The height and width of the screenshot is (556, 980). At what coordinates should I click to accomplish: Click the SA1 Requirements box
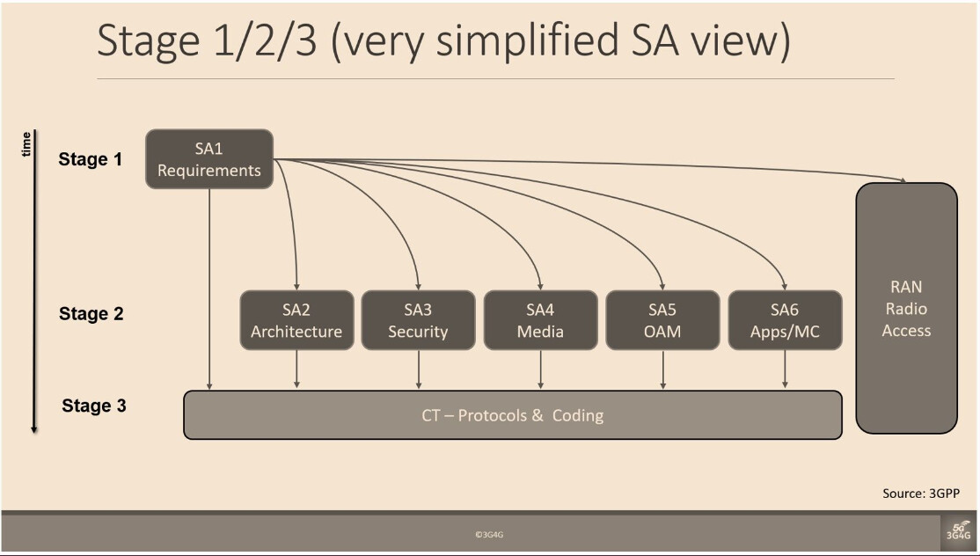[209, 158]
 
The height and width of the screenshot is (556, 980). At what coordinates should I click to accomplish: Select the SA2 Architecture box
[296, 320]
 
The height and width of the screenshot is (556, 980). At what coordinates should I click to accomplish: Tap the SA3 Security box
[418, 320]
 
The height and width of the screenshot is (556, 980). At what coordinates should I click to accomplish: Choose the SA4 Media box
[541, 320]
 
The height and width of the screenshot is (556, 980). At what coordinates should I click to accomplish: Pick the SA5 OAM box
[662, 320]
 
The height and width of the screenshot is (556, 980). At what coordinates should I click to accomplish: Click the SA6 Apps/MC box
[785, 320]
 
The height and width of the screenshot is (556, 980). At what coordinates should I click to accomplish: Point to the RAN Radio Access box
[906, 308]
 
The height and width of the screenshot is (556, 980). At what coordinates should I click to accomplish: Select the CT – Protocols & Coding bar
[513, 415]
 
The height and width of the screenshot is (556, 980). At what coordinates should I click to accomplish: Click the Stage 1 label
[91, 159]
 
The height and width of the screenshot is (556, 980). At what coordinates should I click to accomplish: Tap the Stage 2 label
[91, 313]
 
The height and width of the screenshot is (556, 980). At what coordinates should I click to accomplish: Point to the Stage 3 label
[94, 406]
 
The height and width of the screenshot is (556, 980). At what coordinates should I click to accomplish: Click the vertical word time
[26, 144]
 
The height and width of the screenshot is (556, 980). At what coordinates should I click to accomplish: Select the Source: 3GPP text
[921, 494]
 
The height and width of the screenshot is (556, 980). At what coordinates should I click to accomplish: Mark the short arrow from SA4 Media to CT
[541, 369]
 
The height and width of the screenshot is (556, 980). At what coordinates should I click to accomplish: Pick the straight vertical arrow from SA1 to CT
[209, 289]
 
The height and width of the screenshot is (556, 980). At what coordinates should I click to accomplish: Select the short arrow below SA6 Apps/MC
[785, 369]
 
